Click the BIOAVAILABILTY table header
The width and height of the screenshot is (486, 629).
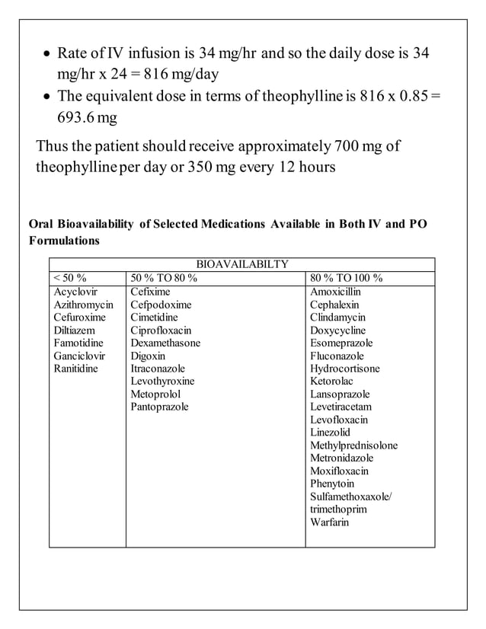(242, 264)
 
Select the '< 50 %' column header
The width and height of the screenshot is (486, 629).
(71, 278)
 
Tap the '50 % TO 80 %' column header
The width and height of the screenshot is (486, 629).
(164, 278)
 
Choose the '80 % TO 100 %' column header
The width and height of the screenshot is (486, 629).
(347, 278)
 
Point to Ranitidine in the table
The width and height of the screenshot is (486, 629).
(75, 369)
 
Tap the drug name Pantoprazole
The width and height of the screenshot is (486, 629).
(159, 407)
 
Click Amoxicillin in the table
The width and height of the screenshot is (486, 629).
(336, 292)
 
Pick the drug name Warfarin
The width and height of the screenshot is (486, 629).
(330, 522)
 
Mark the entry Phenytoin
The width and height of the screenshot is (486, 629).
(333, 484)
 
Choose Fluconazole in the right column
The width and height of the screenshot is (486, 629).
(337, 356)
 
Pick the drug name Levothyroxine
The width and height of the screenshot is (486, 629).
(162, 382)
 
